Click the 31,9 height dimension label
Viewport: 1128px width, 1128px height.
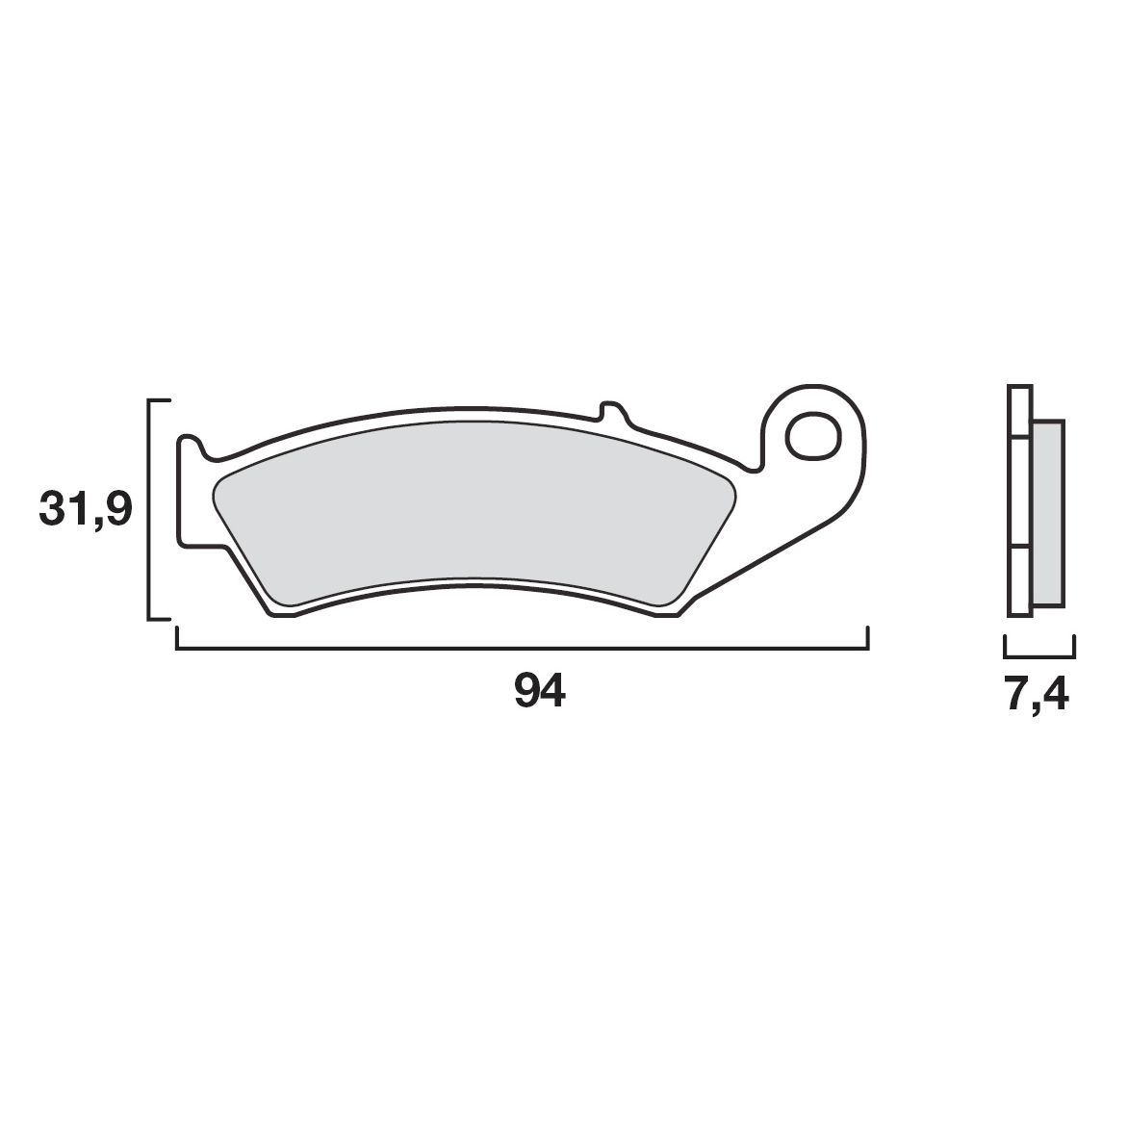point(85,509)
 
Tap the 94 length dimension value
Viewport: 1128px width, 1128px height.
point(540,692)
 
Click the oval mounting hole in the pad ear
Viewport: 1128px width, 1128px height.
point(810,435)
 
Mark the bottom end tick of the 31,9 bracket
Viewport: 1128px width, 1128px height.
point(160,619)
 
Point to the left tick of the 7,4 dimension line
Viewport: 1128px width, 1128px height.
point(1005,646)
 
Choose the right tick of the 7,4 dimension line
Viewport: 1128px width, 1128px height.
point(1074,646)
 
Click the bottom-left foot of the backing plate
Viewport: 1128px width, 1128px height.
point(281,613)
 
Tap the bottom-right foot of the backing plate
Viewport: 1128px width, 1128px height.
point(667,613)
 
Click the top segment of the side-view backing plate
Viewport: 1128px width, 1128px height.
point(1017,413)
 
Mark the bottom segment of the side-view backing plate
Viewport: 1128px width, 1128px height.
point(1017,581)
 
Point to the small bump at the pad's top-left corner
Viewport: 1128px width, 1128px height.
point(191,443)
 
